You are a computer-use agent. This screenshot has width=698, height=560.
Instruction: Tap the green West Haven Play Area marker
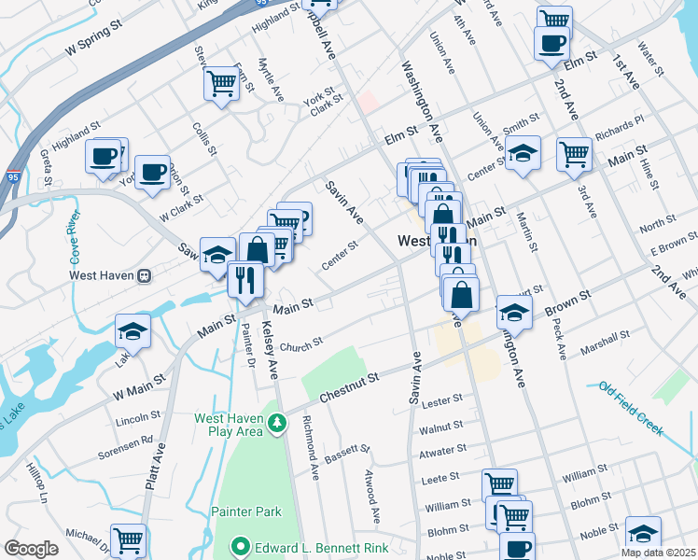coord(276,425)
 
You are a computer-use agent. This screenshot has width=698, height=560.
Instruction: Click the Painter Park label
coord(245,511)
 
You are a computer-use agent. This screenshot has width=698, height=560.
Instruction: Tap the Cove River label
coord(73,241)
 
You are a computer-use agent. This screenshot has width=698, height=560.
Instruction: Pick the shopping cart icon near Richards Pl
coord(574,153)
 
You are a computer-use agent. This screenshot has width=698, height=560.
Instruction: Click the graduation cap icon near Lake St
coord(133,331)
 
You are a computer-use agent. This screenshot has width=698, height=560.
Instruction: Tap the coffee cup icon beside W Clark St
coord(152,173)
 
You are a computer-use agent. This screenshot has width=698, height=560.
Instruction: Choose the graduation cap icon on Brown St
coord(514,312)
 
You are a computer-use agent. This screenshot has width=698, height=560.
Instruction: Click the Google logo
coord(31,549)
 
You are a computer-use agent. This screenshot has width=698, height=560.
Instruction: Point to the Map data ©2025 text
coord(658,553)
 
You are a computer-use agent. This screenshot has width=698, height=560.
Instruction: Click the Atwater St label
coord(442,450)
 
